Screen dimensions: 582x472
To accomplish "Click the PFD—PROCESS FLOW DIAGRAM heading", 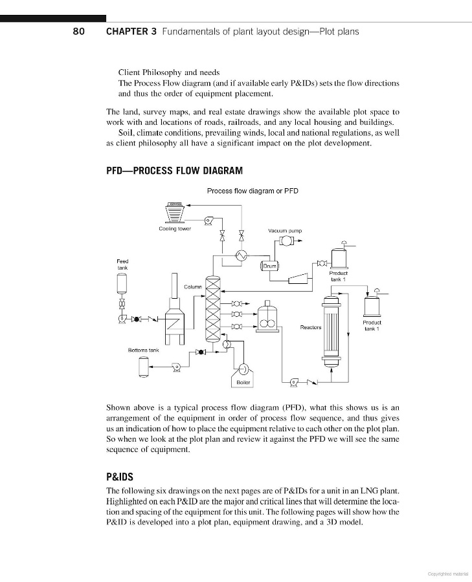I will click(x=174, y=171).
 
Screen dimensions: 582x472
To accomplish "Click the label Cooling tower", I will click(x=174, y=229).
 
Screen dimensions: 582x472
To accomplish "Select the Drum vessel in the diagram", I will click(x=270, y=265).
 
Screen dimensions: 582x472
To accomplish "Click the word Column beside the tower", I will click(x=193, y=286).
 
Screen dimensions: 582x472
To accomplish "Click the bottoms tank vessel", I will click(x=143, y=367).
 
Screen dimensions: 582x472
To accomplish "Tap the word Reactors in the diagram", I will click(x=311, y=327).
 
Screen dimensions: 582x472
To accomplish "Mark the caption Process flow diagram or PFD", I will click(x=253, y=191).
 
